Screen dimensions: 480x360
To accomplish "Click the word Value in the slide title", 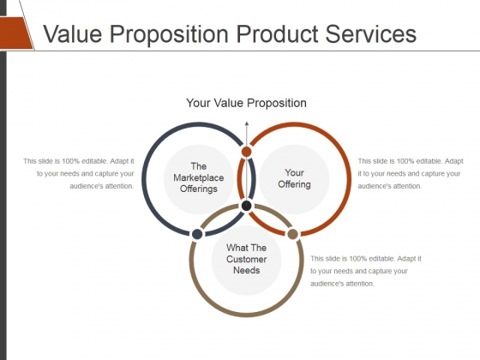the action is click(x=73, y=33).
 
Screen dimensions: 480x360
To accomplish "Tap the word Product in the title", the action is click(x=278, y=33).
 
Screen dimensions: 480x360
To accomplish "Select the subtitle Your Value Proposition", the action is click(x=247, y=103).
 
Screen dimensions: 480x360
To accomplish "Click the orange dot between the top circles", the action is click(x=247, y=152).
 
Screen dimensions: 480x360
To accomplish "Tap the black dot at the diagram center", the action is click(x=247, y=206).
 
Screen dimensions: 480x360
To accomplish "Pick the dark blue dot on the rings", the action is click(x=197, y=234).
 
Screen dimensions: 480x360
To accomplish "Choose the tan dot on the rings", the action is click(x=292, y=234).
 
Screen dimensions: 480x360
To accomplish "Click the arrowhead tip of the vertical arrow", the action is click(x=247, y=122).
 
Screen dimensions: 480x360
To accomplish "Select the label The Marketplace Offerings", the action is click(x=199, y=177).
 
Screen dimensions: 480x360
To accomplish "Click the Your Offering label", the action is click(x=294, y=178).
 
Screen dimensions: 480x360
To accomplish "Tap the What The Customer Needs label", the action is click(x=247, y=259).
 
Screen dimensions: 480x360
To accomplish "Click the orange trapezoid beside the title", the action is click(x=16, y=33).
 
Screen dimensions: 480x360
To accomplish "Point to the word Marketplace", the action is click(x=199, y=177).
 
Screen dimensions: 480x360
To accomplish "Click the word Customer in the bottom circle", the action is click(x=247, y=259).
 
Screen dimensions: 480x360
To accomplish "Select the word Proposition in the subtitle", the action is click(x=277, y=104).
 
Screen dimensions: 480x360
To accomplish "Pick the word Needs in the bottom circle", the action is click(x=247, y=270).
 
